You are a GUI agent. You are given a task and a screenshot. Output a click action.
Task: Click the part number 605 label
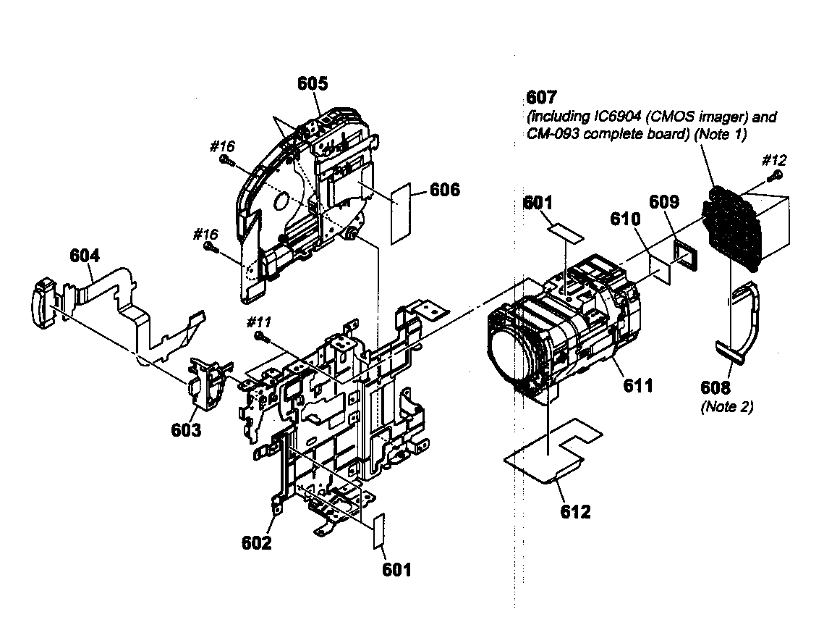pos(313,83)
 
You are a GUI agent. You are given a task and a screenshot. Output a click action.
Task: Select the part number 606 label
pos(444,190)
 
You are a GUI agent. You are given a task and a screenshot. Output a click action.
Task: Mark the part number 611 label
pos(638,385)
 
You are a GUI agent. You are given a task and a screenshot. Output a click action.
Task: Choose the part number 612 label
pos(575,511)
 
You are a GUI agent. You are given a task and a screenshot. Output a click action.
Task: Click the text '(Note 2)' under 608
pos(726,407)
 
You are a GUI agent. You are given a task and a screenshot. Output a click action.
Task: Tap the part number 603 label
pos(186,429)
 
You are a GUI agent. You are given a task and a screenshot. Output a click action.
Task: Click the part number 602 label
pos(256,542)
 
